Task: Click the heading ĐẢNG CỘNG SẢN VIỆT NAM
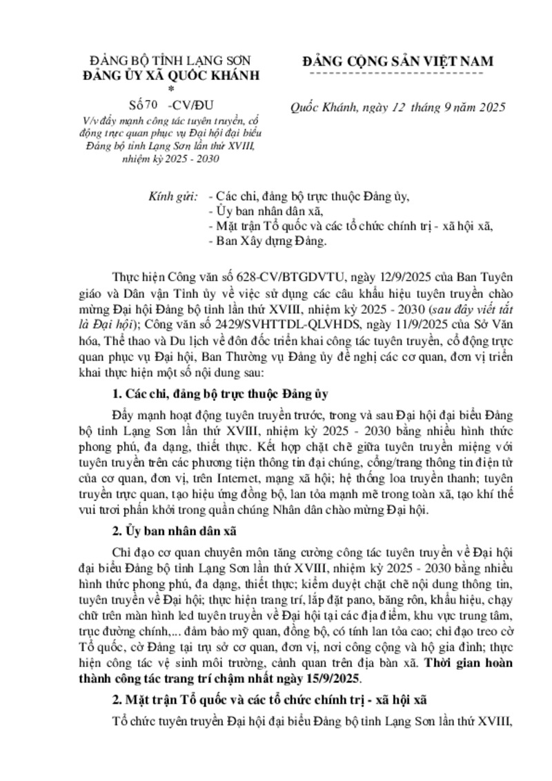point(398,61)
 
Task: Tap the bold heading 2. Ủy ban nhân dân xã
point(173,531)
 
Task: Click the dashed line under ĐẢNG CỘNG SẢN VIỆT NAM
point(398,72)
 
